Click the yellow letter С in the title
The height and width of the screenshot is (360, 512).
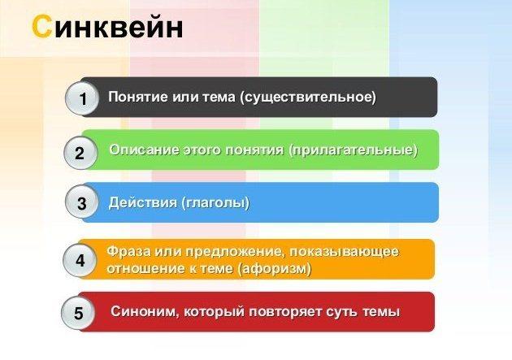(41, 27)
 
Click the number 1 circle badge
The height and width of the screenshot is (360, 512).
(81, 98)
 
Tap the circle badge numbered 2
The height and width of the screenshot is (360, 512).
(80, 153)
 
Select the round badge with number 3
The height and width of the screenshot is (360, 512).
(81, 202)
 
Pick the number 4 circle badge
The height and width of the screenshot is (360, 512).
(80, 260)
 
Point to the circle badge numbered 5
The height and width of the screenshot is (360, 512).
(78, 313)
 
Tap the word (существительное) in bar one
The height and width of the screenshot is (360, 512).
(308, 98)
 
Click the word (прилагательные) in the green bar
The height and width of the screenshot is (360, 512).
(353, 150)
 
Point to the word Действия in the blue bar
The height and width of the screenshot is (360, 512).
(142, 202)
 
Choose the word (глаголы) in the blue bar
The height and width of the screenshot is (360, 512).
(215, 203)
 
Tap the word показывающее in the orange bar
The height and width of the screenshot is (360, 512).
(344, 252)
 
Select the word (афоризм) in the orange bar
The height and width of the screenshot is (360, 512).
(275, 269)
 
